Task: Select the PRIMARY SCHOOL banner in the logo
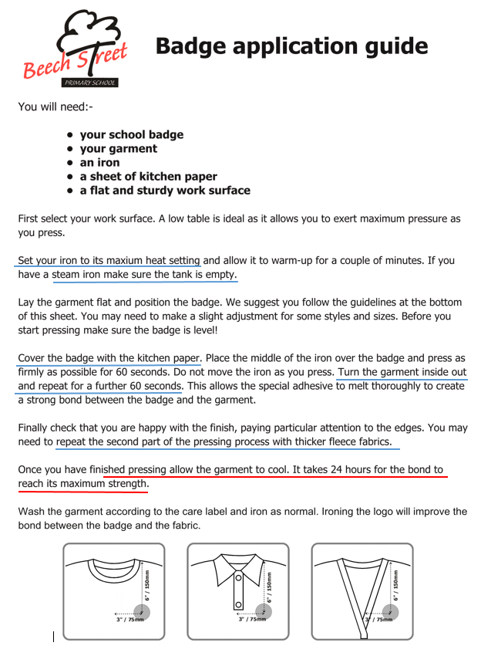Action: coord(90,83)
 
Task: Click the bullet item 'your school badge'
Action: coord(131,135)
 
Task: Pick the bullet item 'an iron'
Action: coord(99,163)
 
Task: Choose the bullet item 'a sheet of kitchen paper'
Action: coord(148,177)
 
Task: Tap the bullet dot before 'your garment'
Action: coord(69,149)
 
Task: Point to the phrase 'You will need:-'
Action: coord(55,107)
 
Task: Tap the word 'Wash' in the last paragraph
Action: coord(32,512)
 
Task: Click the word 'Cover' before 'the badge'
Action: coord(33,358)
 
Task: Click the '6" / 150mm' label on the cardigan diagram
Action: coord(396,586)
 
